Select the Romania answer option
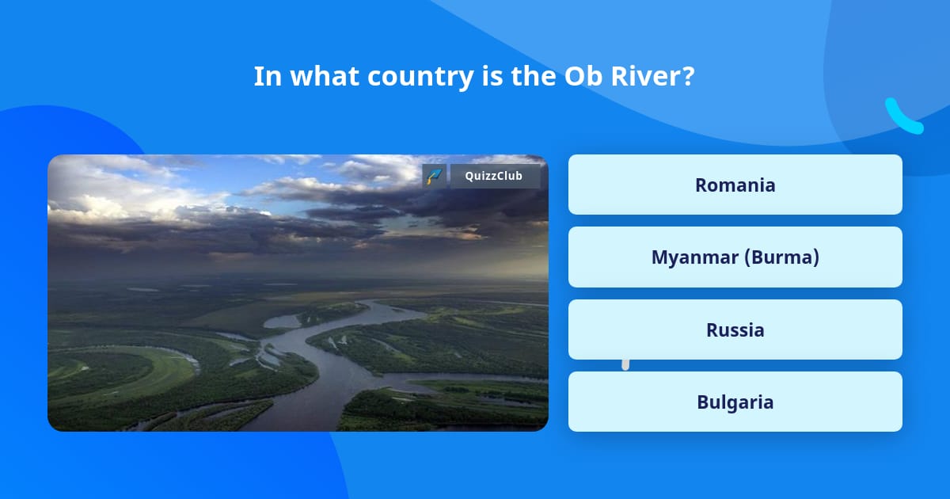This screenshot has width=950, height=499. pos(735,185)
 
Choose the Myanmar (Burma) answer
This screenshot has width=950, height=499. pos(735,257)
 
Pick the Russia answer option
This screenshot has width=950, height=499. pos(735,329)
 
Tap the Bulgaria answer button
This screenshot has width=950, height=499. pos(735,402)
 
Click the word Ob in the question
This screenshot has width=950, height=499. pos(583,76)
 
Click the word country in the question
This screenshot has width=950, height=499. pos(420,78)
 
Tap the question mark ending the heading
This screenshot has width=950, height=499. pos(684,76)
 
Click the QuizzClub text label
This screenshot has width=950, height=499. pos(494,176)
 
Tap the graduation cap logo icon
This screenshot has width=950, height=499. pos(435,176)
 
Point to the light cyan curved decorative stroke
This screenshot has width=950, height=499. pos(903,117)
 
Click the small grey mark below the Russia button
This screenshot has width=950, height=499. pos(625,364)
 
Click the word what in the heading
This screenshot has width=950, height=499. pos(325,76)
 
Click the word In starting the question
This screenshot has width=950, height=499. pos(268,76)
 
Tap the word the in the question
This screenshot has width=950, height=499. pos(533,76)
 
